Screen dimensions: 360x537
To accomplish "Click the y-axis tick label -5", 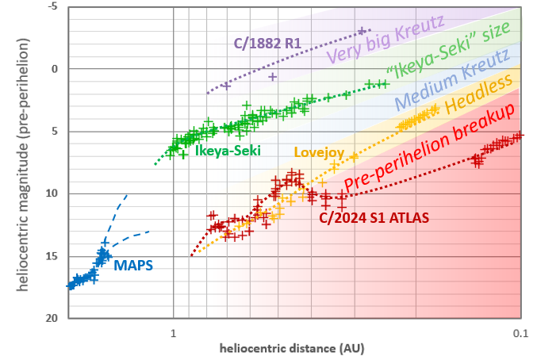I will (53, 7).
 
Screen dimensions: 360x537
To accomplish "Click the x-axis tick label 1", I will (173, 332).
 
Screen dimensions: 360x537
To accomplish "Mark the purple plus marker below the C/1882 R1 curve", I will (272, 77).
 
